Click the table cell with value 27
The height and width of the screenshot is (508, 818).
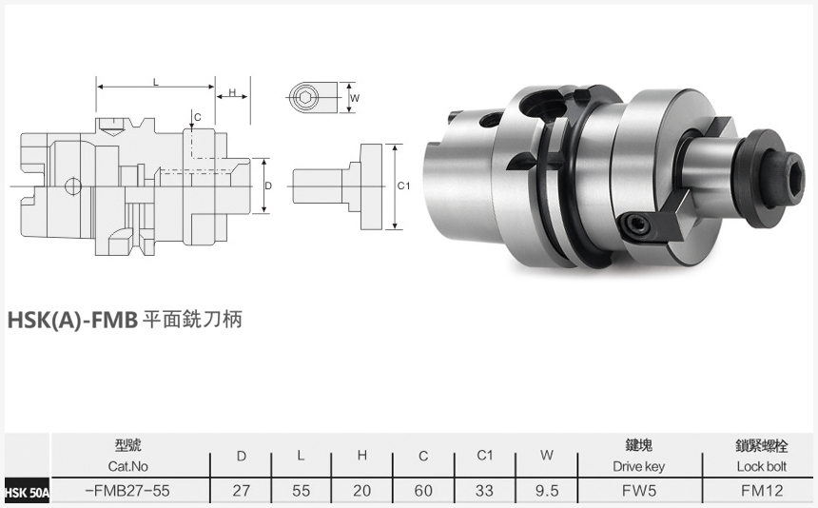(x=242, y=492)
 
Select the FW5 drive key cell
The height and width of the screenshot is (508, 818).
(x=638, y=492)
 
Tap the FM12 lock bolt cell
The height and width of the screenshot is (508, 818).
(x=761, y=492)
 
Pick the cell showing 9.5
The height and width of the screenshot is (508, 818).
(x=546, y=492)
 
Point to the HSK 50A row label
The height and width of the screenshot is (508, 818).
(x=26, y=493)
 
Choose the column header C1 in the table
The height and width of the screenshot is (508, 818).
(x=485, y=456)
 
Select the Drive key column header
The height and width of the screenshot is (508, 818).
(x=638, y=467)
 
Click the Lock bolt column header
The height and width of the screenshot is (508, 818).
(x=761, y=467)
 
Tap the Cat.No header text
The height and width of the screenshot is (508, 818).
(x=127, y=467)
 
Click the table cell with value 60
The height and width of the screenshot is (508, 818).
(x=423, y=492)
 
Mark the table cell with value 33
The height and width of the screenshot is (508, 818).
(x=485, y=492)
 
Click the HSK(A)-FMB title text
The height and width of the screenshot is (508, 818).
(x=73, y=320)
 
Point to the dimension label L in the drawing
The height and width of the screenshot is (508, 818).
(x=155, y=83)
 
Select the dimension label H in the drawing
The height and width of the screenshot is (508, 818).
(x=232, y=92)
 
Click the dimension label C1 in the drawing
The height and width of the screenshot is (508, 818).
(x=402, y=186)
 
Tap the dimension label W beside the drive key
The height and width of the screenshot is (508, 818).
(x=354, y=97)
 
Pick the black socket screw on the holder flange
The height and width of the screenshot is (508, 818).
(x=635, y=225)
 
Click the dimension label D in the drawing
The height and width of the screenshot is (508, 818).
(x=269, y=186)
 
